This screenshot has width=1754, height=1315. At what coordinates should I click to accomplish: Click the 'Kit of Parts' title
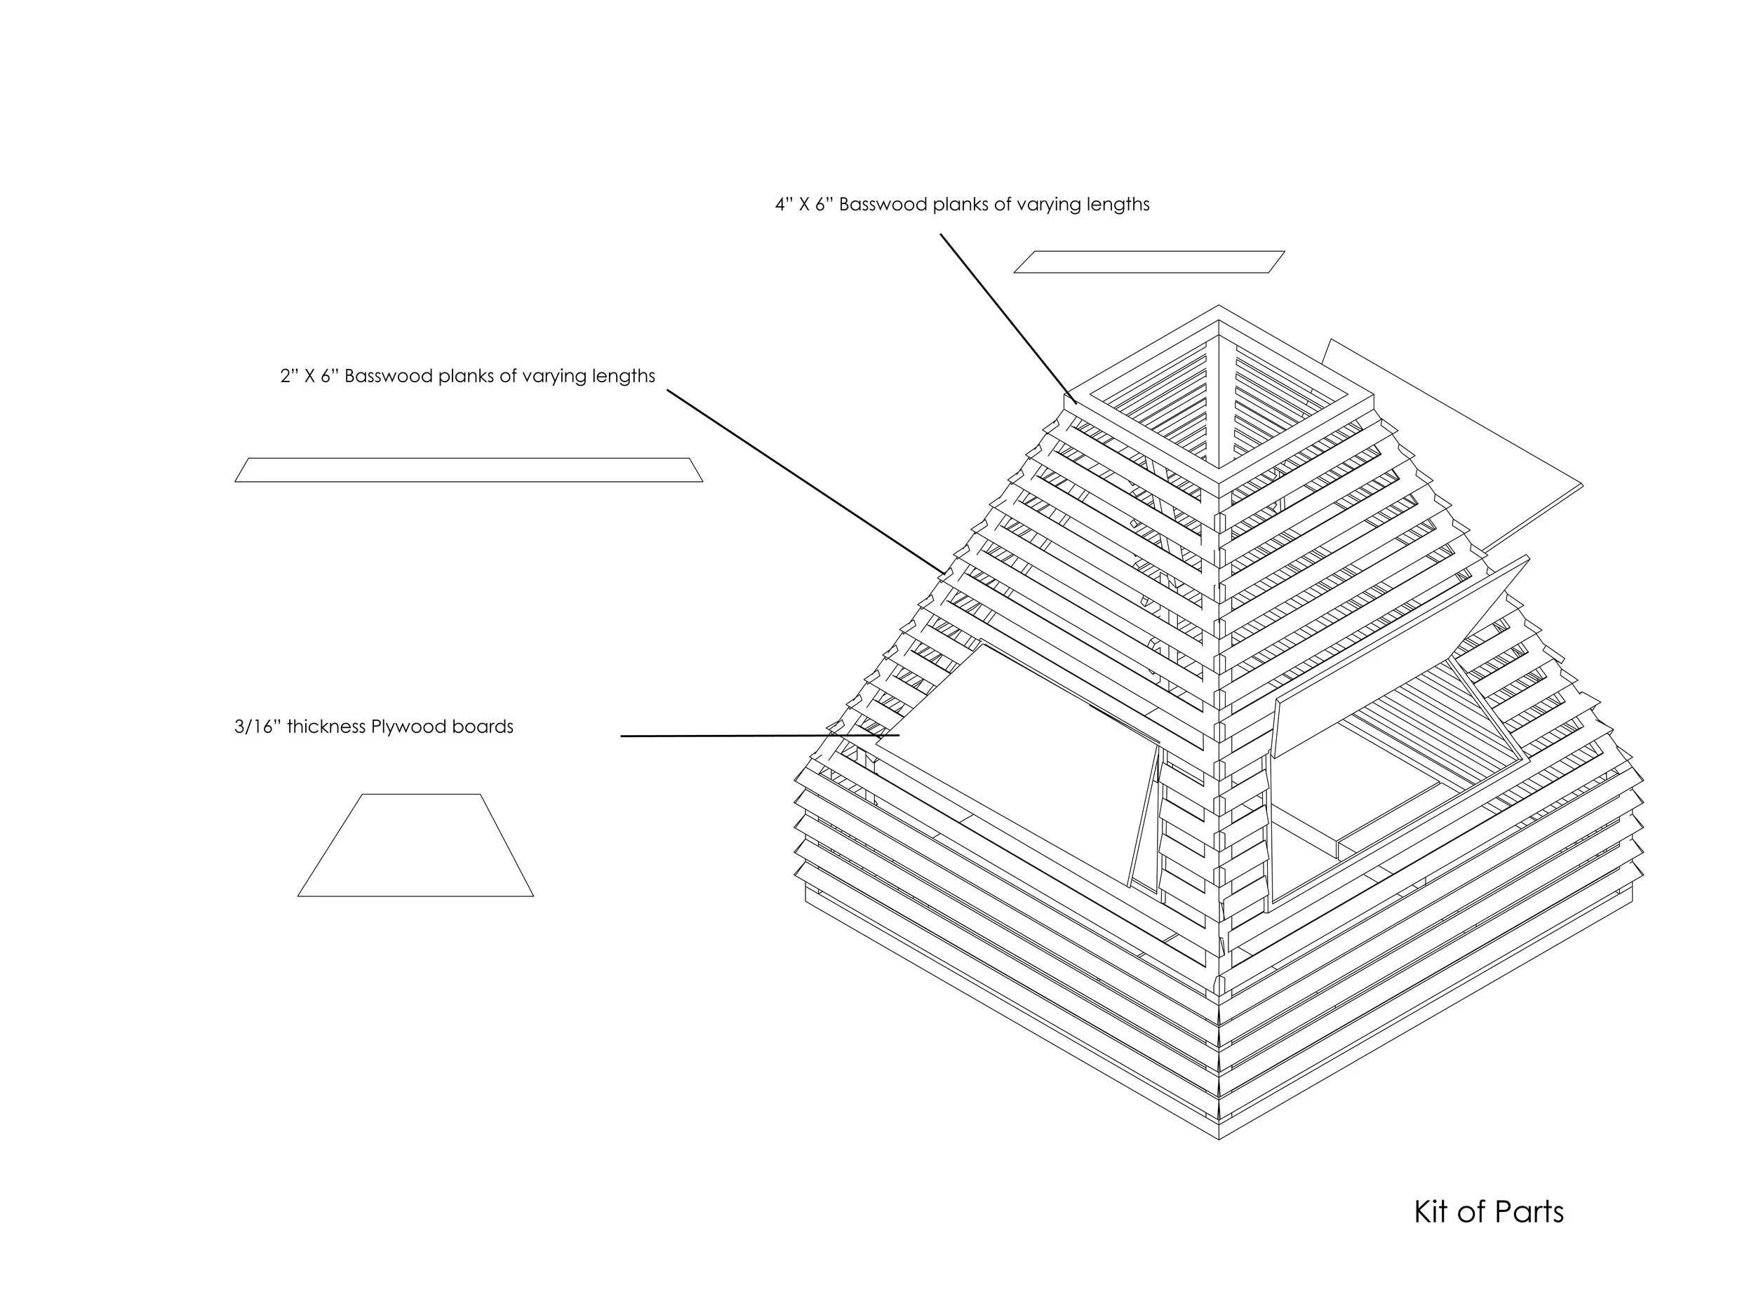(1488, 1212)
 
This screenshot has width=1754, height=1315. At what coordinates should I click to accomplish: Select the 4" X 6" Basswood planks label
(962, 205)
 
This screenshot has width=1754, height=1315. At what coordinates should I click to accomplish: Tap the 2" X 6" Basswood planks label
(467, 376)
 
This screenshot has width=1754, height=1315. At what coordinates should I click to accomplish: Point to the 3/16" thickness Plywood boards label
(373, 727)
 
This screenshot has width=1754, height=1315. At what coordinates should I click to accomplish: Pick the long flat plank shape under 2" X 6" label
(469, 470)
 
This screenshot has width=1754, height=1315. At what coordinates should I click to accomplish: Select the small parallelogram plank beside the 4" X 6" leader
(1149, 262)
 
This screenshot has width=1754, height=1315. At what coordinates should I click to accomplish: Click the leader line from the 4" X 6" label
(1007, 317)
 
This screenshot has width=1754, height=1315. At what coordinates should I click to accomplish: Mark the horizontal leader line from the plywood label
(759, 736)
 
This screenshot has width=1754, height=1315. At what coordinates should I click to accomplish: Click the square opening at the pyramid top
(1219, 396)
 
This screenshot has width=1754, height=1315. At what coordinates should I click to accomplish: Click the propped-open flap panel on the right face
(1400, 658)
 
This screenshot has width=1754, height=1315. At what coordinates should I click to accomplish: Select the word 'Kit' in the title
(1432, 1212)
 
